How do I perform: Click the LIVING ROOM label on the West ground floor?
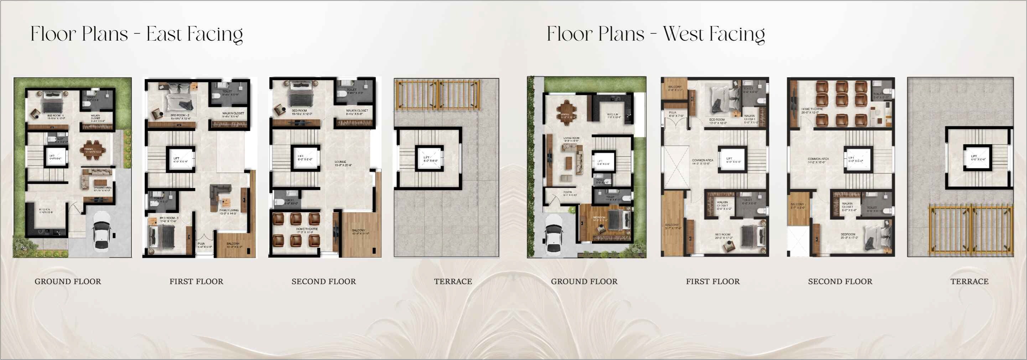click(x=571, y=139)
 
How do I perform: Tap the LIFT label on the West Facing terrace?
click(x=974, y=157)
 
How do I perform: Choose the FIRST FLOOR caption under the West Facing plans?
click(x=712, y=281)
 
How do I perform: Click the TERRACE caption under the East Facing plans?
click(x=453, y=281)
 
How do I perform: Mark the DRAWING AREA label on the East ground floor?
click(x=103, y=188)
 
